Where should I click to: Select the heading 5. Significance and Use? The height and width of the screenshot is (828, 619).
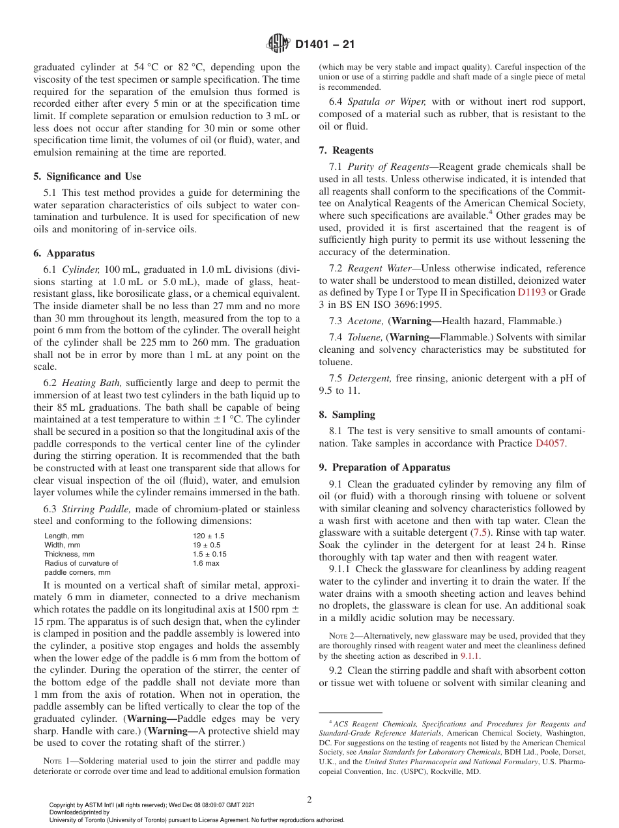click(87, 176)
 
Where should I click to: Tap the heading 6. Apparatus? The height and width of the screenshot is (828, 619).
click(64, 253)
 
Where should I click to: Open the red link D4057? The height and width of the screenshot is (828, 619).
click(551, 443)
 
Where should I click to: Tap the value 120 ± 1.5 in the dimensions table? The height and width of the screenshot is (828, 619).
click(209, 536)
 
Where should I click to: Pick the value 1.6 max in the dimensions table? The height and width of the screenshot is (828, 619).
click(206, 563)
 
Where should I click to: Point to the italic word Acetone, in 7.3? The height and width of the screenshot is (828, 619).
click(366, 320)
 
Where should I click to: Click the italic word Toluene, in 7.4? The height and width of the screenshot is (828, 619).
click(366, 337)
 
